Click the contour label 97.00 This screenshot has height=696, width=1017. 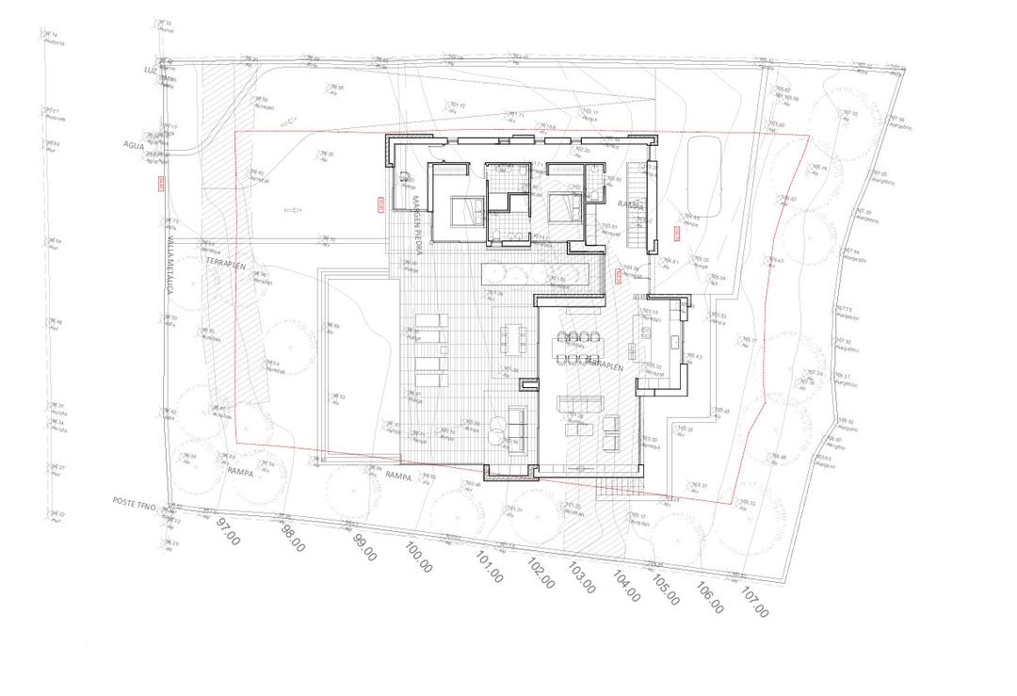(229, 531)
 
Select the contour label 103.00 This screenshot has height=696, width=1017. (581, 577)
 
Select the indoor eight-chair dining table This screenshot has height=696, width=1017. (577, 348)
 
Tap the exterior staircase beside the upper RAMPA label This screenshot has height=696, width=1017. (639, 206)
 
